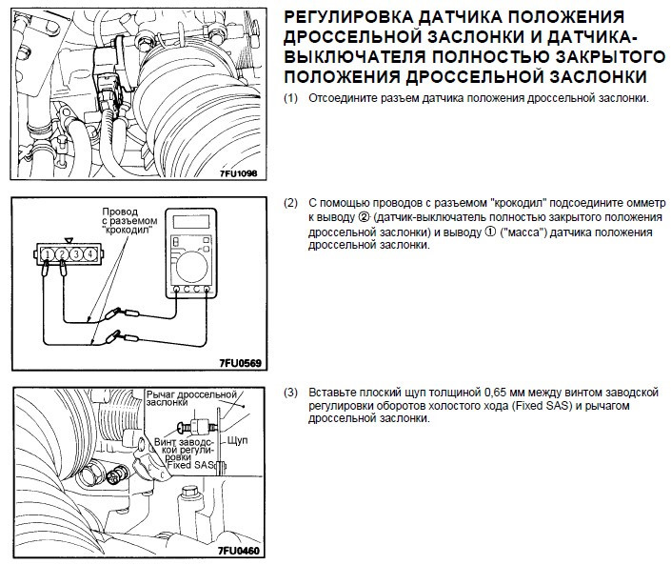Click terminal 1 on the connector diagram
(x=46, y=254)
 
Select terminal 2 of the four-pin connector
(x=60, y=254)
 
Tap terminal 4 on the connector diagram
(x=89, y=254)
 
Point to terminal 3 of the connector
(x=75, y=254)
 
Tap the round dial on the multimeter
(x=198, y=264)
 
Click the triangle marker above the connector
(x=68, y=240)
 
